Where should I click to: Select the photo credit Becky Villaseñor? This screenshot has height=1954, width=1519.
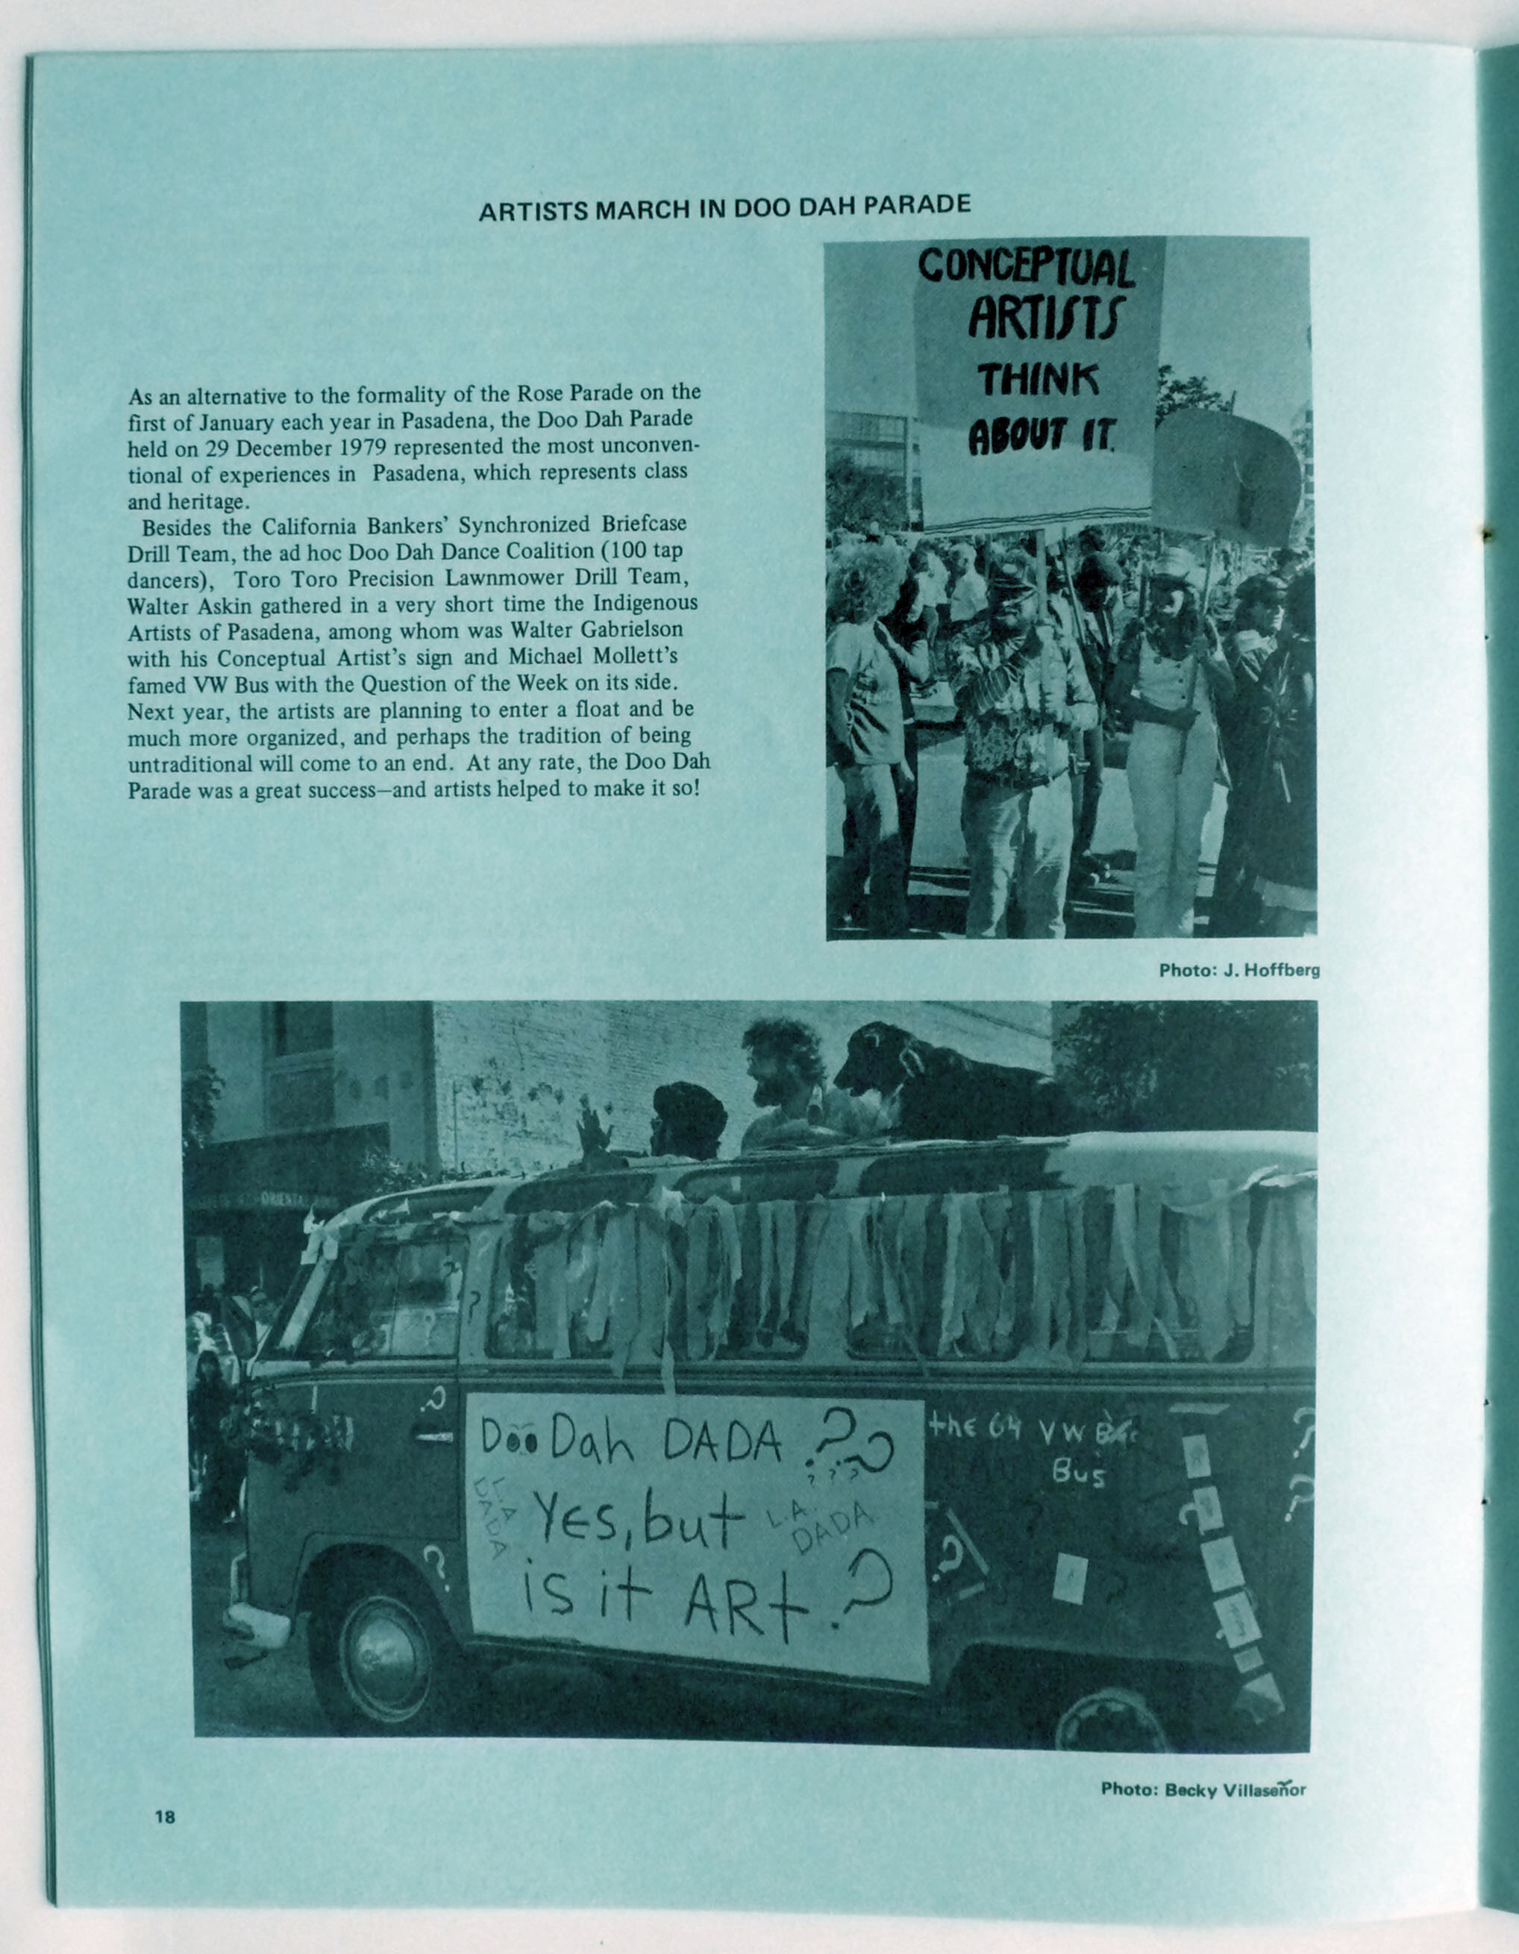(1203, 1789)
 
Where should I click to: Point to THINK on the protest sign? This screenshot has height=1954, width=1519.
(1039, 381)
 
